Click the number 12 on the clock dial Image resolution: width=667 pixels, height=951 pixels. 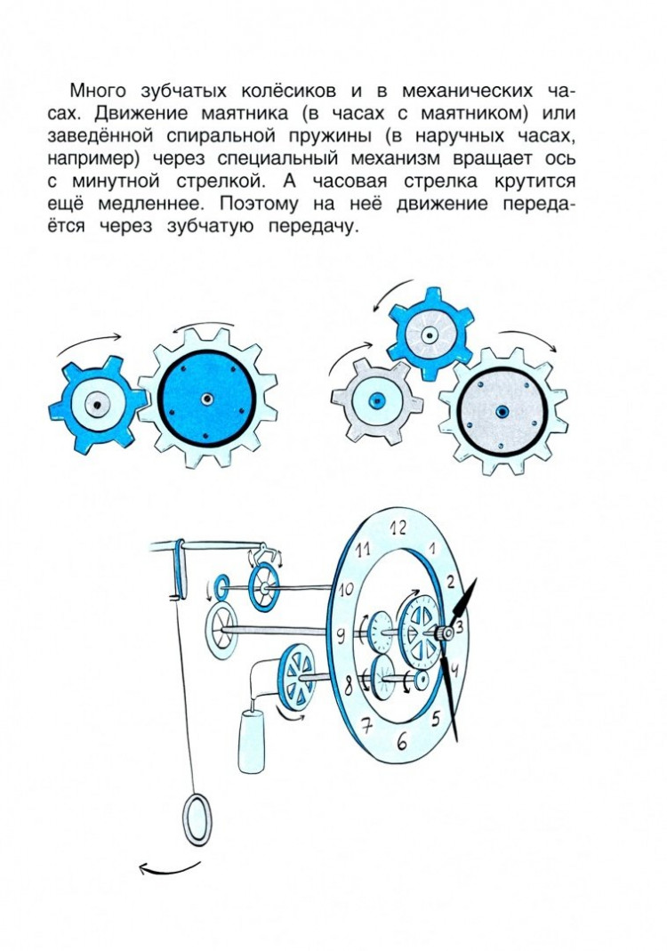tap(397, 524)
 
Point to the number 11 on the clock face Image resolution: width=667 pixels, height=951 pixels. tap(362, 550)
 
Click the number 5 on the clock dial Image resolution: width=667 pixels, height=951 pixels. tap(435, 719)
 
